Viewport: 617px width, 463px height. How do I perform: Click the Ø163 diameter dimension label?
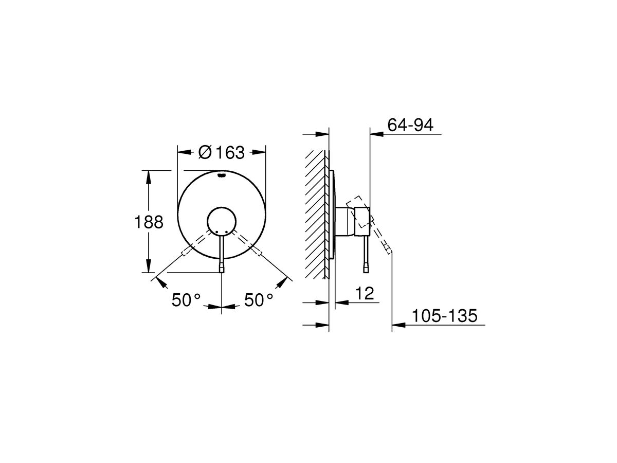221,152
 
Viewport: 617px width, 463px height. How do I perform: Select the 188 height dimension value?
149,222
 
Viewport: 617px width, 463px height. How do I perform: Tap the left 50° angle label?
186,300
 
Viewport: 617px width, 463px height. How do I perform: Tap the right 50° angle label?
258,300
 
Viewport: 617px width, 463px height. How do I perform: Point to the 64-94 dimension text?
411,126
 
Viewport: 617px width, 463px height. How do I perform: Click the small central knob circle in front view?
221,222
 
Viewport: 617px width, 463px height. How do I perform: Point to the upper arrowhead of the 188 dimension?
149,176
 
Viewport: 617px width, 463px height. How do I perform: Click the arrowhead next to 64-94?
376,135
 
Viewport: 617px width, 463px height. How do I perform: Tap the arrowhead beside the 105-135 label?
398,325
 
